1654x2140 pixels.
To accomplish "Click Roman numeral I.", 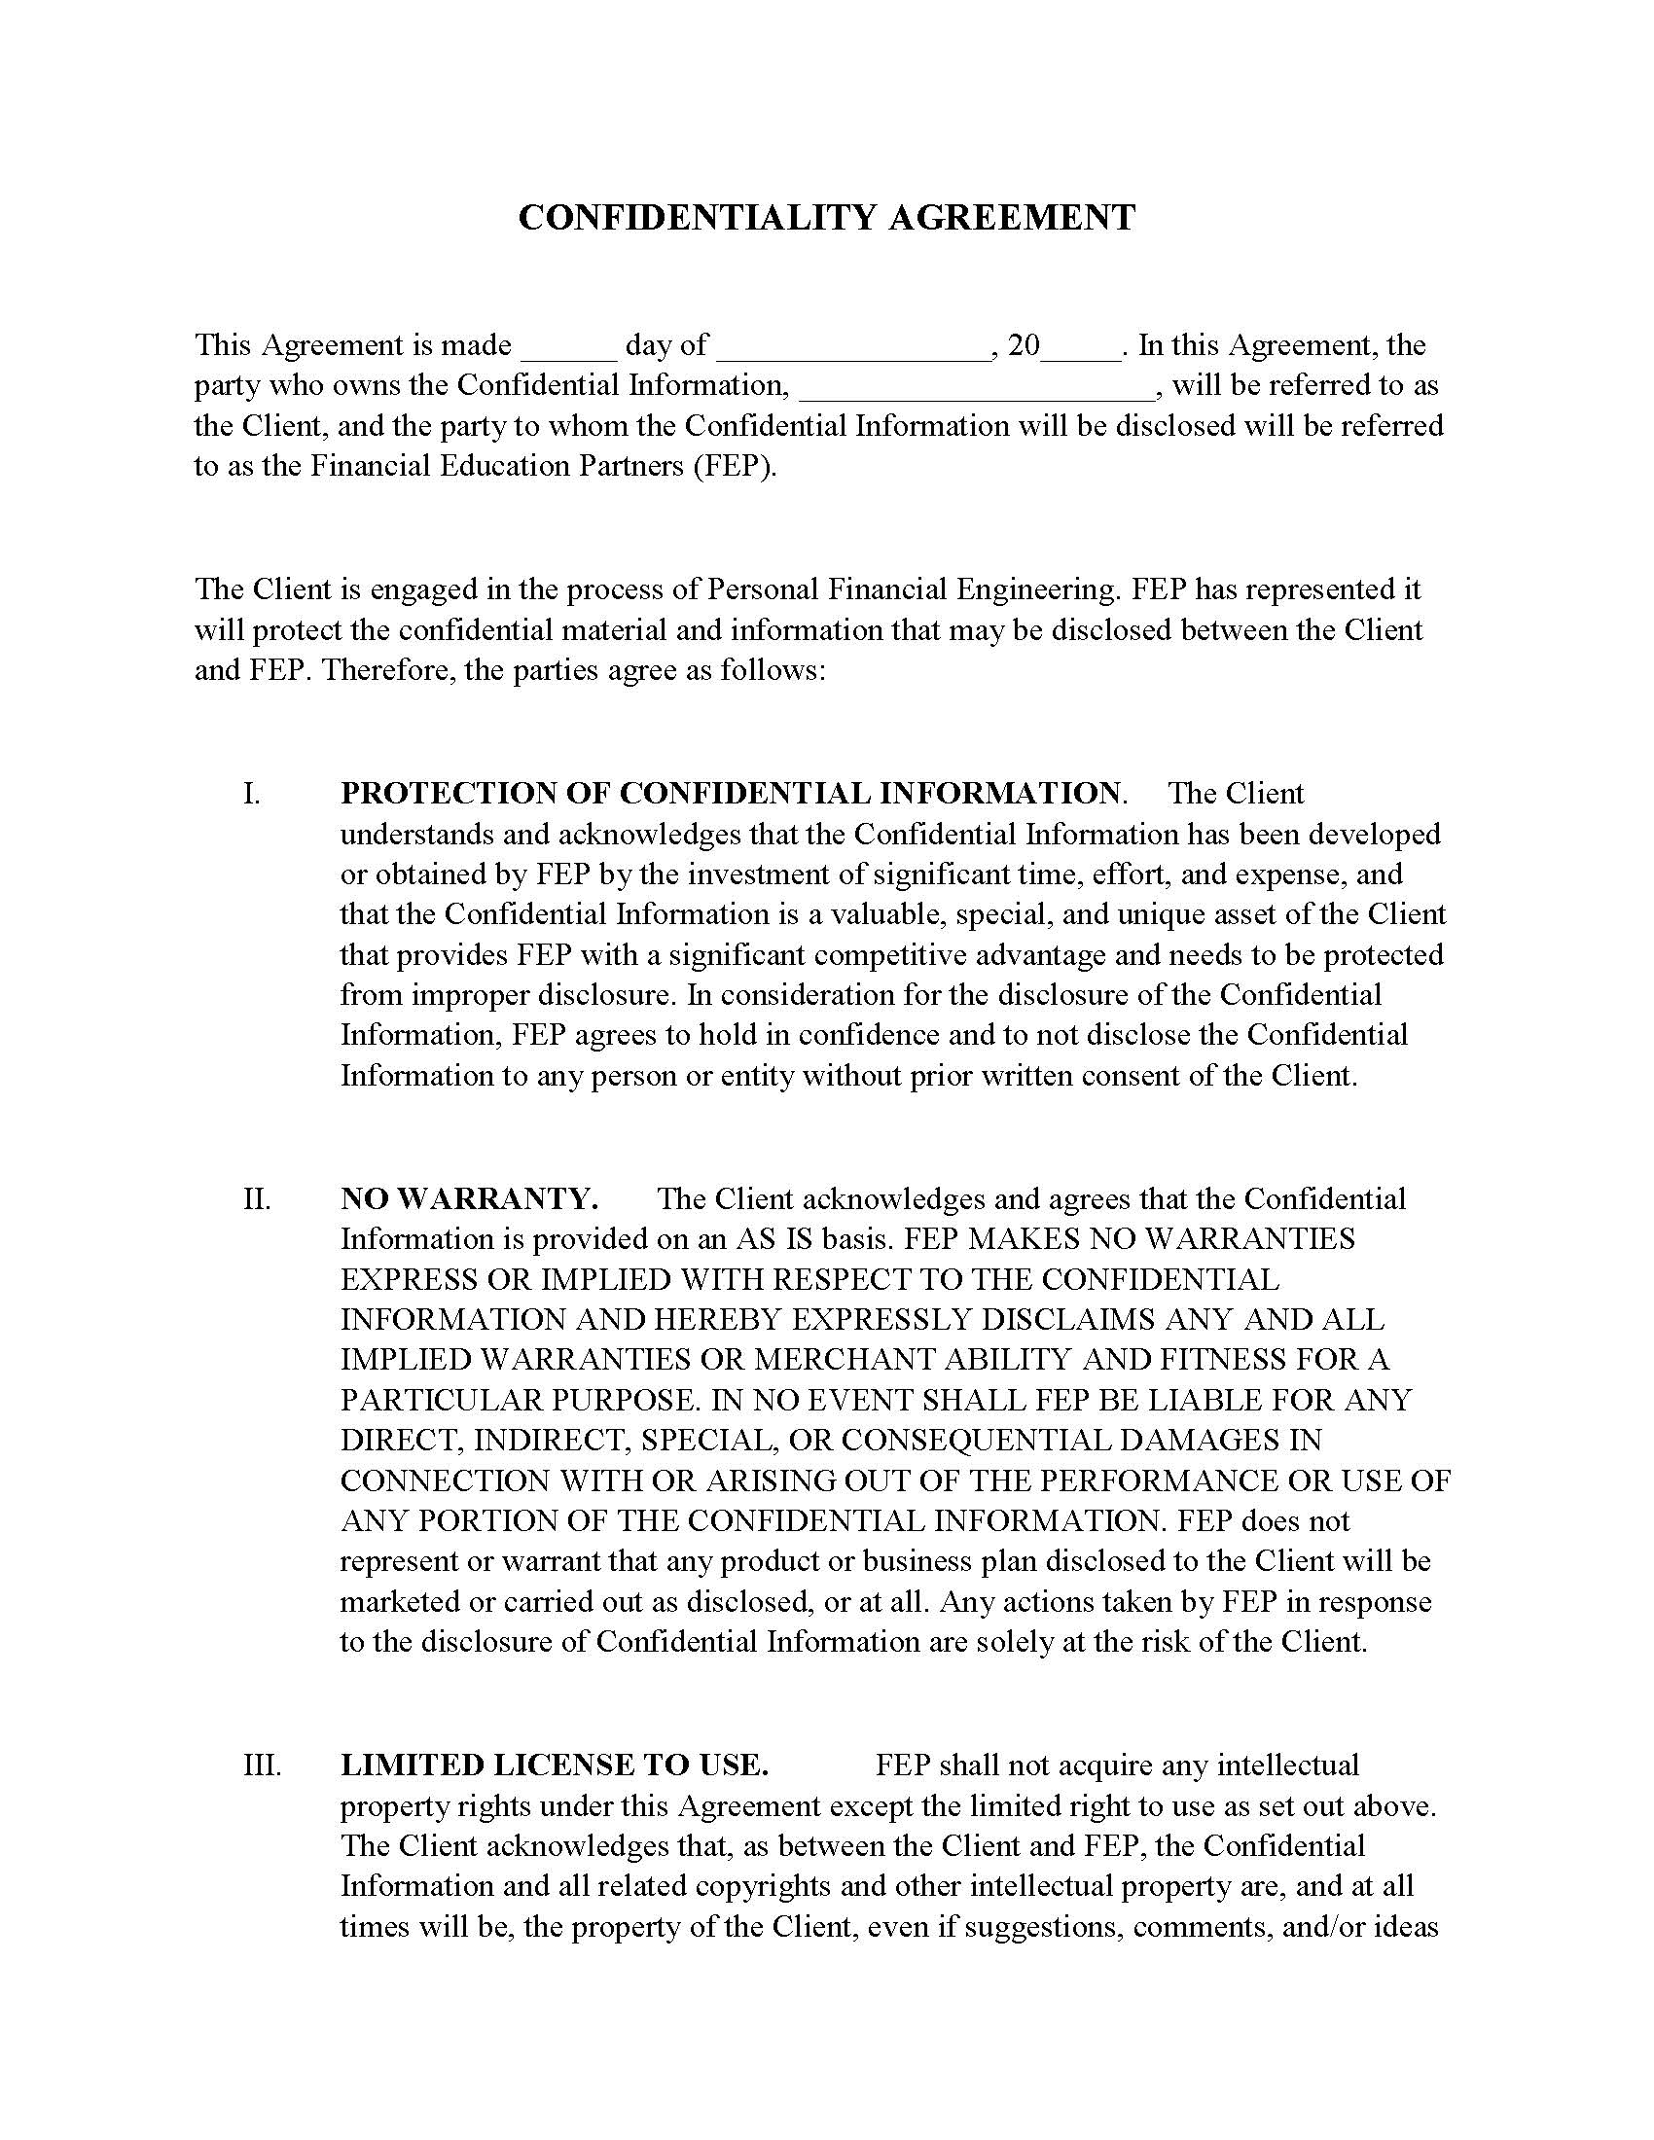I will (x=252, y=794).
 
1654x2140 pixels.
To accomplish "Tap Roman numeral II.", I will (x=257, y=1199).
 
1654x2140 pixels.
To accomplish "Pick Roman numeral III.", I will (x=262, y=1765).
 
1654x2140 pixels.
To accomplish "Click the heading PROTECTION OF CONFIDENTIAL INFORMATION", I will (x=730, y=794).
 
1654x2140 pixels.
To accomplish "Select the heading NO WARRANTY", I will (x=468, y=1199).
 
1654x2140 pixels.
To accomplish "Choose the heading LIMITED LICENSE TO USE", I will (x=554, y=1765).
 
